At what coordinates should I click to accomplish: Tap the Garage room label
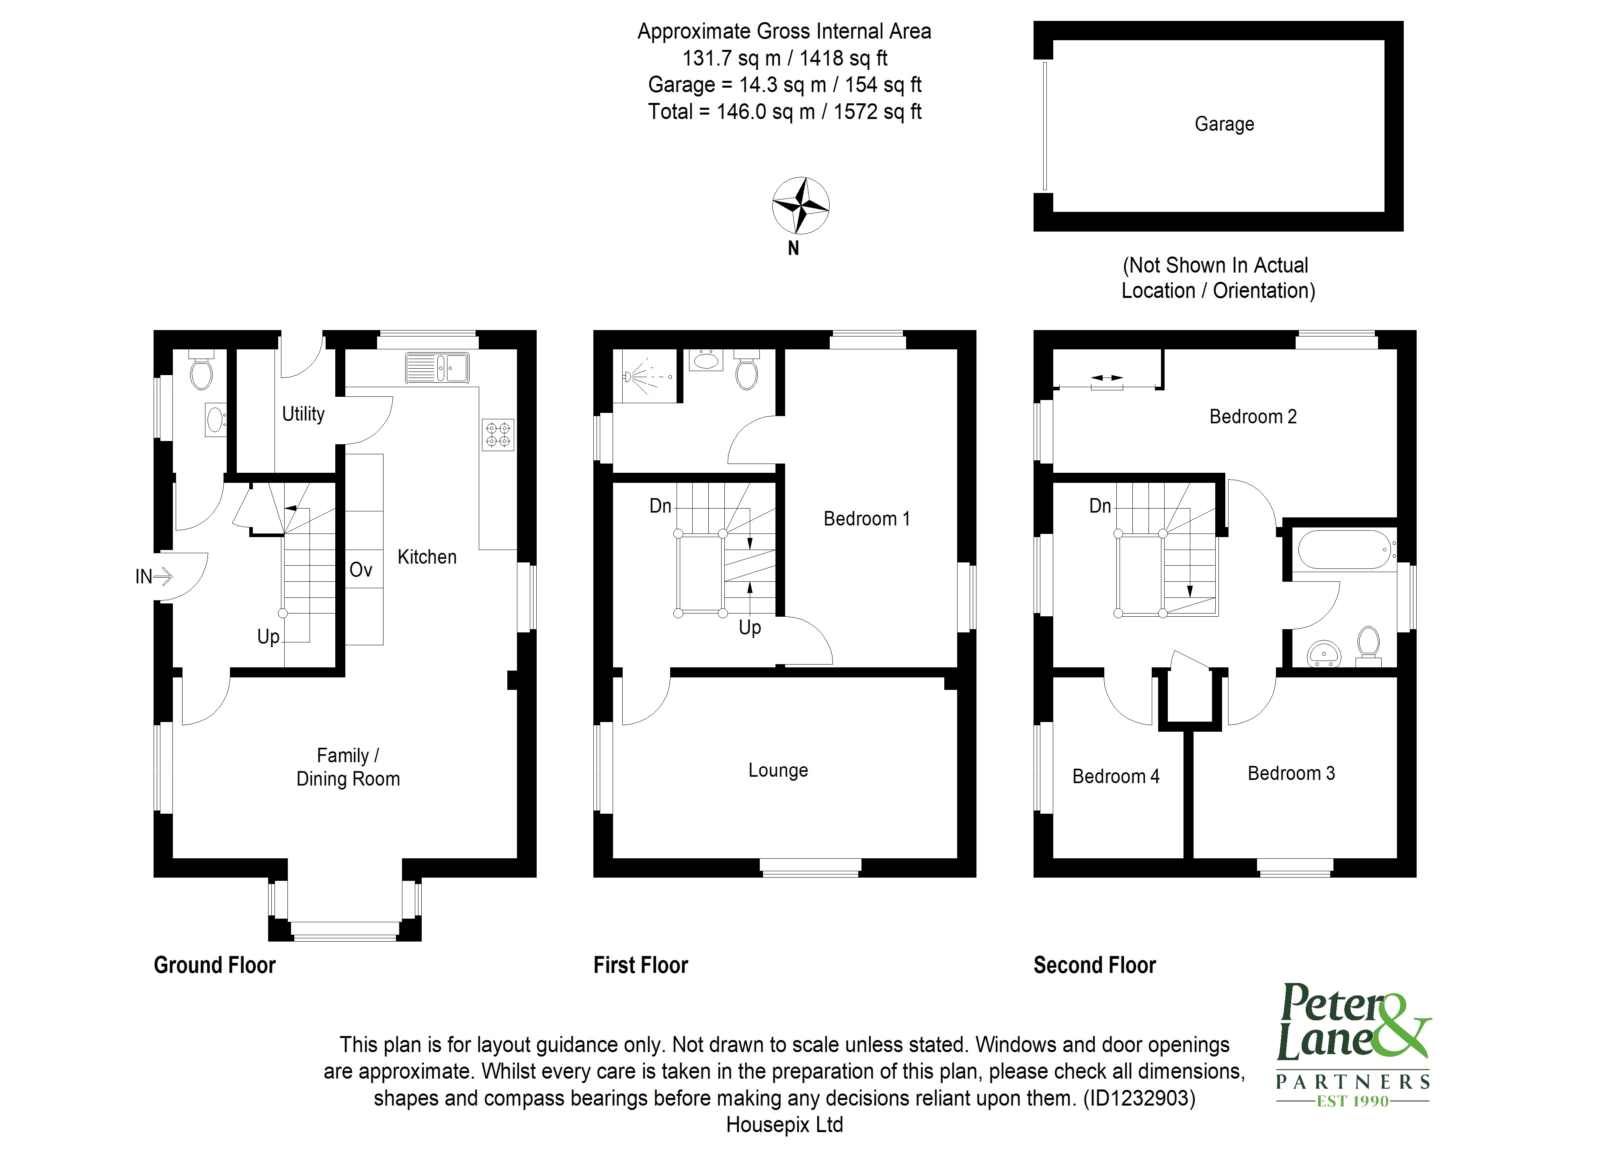[x=1224, y=124]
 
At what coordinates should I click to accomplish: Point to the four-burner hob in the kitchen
[x=498, y=435]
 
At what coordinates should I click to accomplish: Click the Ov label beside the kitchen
[x=360, y=570]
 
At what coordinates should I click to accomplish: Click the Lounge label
[x=777, y=770]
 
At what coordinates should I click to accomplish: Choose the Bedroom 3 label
[x=1290, y=773]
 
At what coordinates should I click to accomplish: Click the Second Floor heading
[x=1094, y=965]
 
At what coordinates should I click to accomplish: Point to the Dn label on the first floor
[x=660, y=506]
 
